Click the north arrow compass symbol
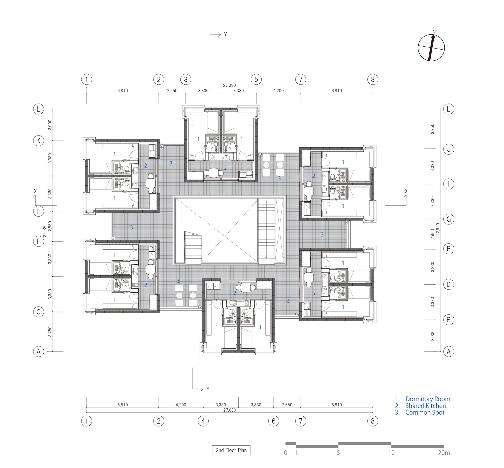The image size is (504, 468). coord(431,48)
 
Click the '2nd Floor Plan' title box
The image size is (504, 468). coord(231,450)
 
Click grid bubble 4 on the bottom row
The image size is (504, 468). coord(203,421)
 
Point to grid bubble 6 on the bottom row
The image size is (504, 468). coord(273,421)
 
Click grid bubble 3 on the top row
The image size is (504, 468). coord(185,80)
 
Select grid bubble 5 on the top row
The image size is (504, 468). coord(256,80)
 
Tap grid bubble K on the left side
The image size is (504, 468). coord(39,141)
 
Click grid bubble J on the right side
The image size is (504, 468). coord(448,149)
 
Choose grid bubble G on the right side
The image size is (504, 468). coord(448,219)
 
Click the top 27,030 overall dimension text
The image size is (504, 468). coord(229,85)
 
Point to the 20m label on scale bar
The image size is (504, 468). coord(444,453)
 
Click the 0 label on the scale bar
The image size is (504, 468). coord(286,453)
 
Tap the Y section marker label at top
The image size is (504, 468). coord(225,35)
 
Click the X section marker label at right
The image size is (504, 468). coord(406,191)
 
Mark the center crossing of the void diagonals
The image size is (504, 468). coord(226,236)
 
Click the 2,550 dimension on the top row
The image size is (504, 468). coord(172,91)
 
